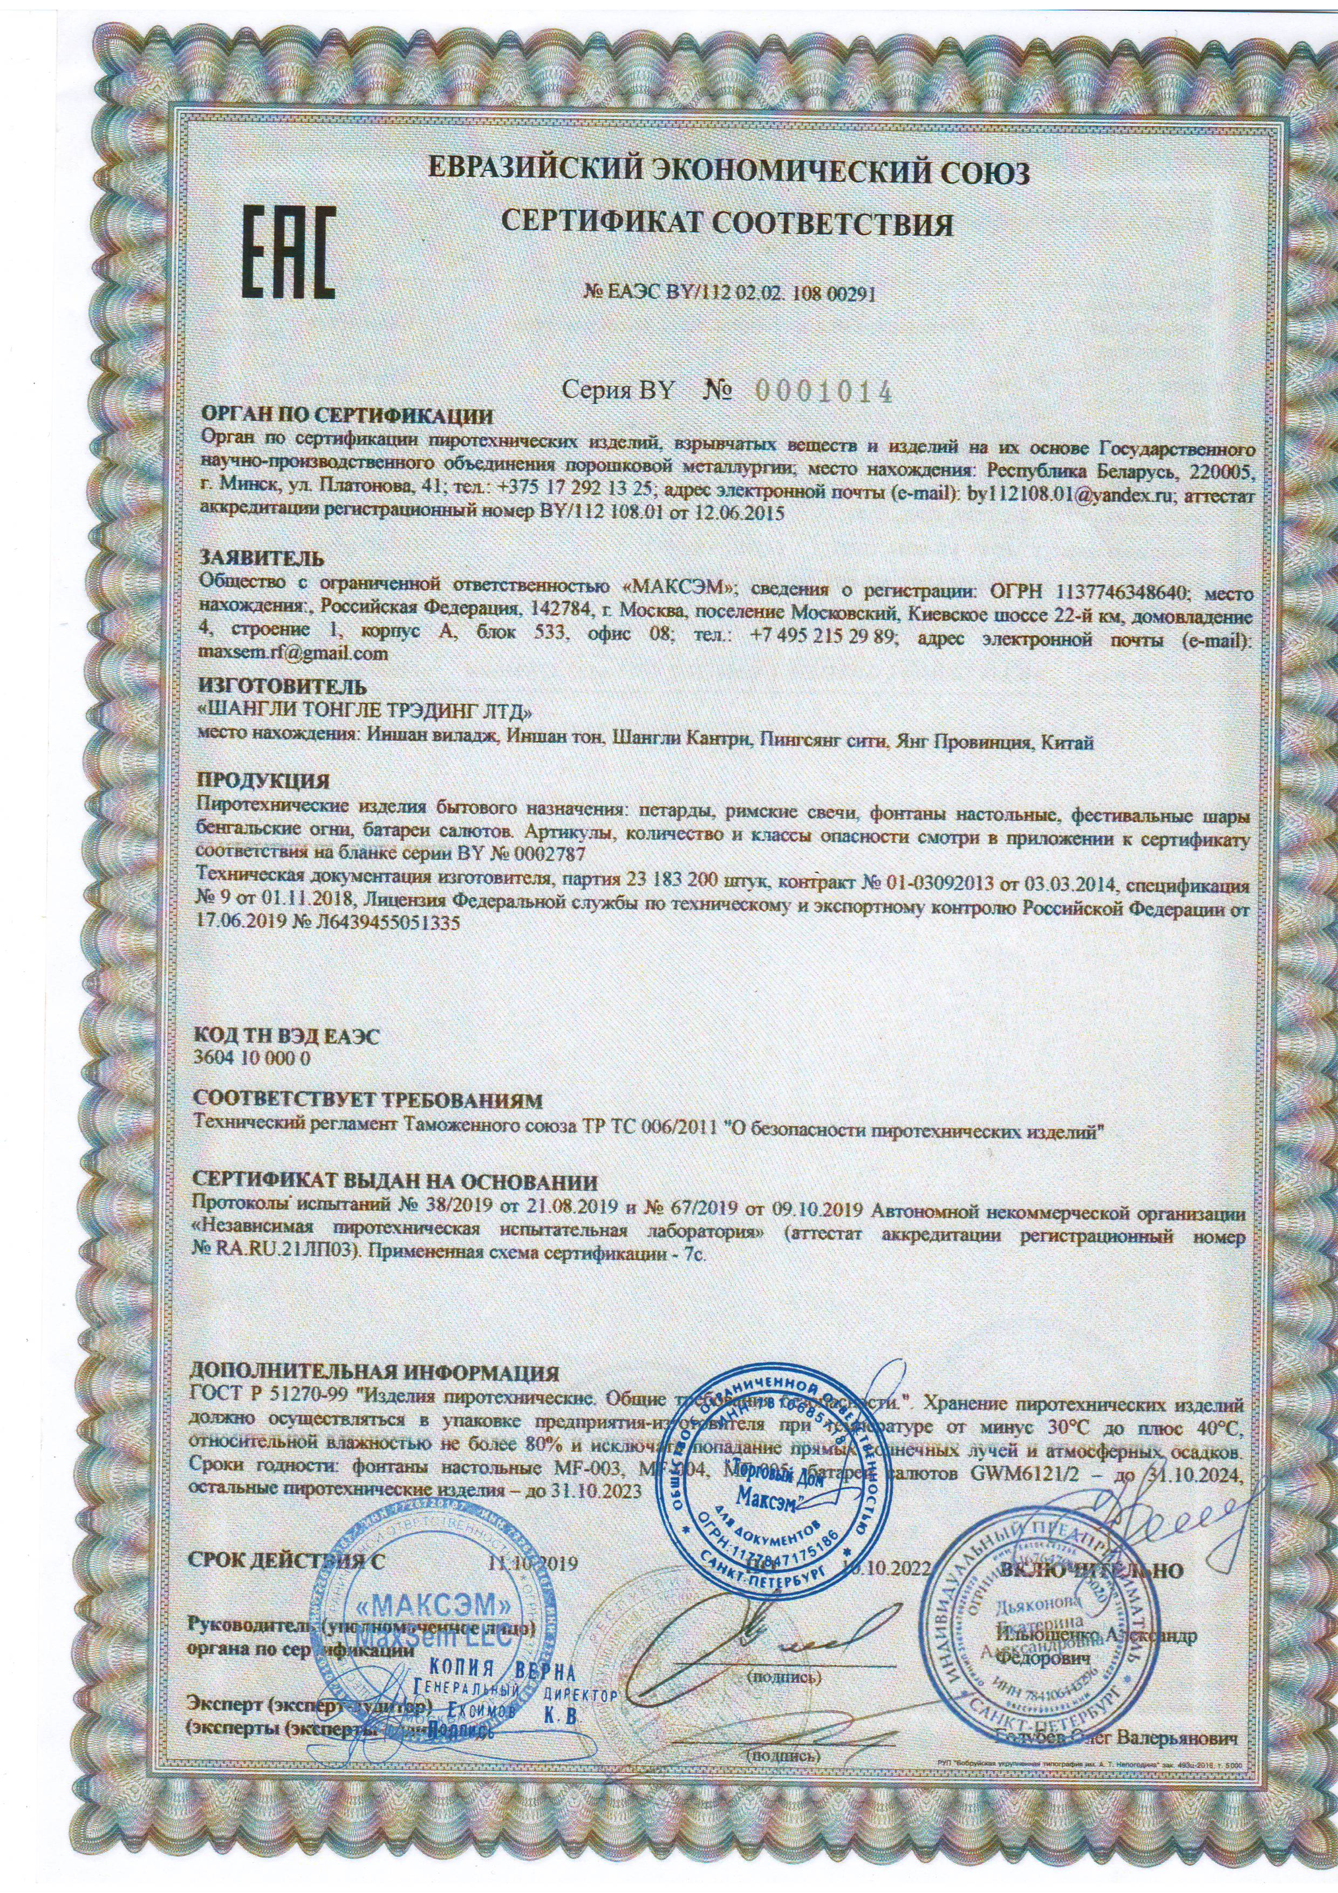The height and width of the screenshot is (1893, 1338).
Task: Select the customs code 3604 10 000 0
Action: pos(251,1060)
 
